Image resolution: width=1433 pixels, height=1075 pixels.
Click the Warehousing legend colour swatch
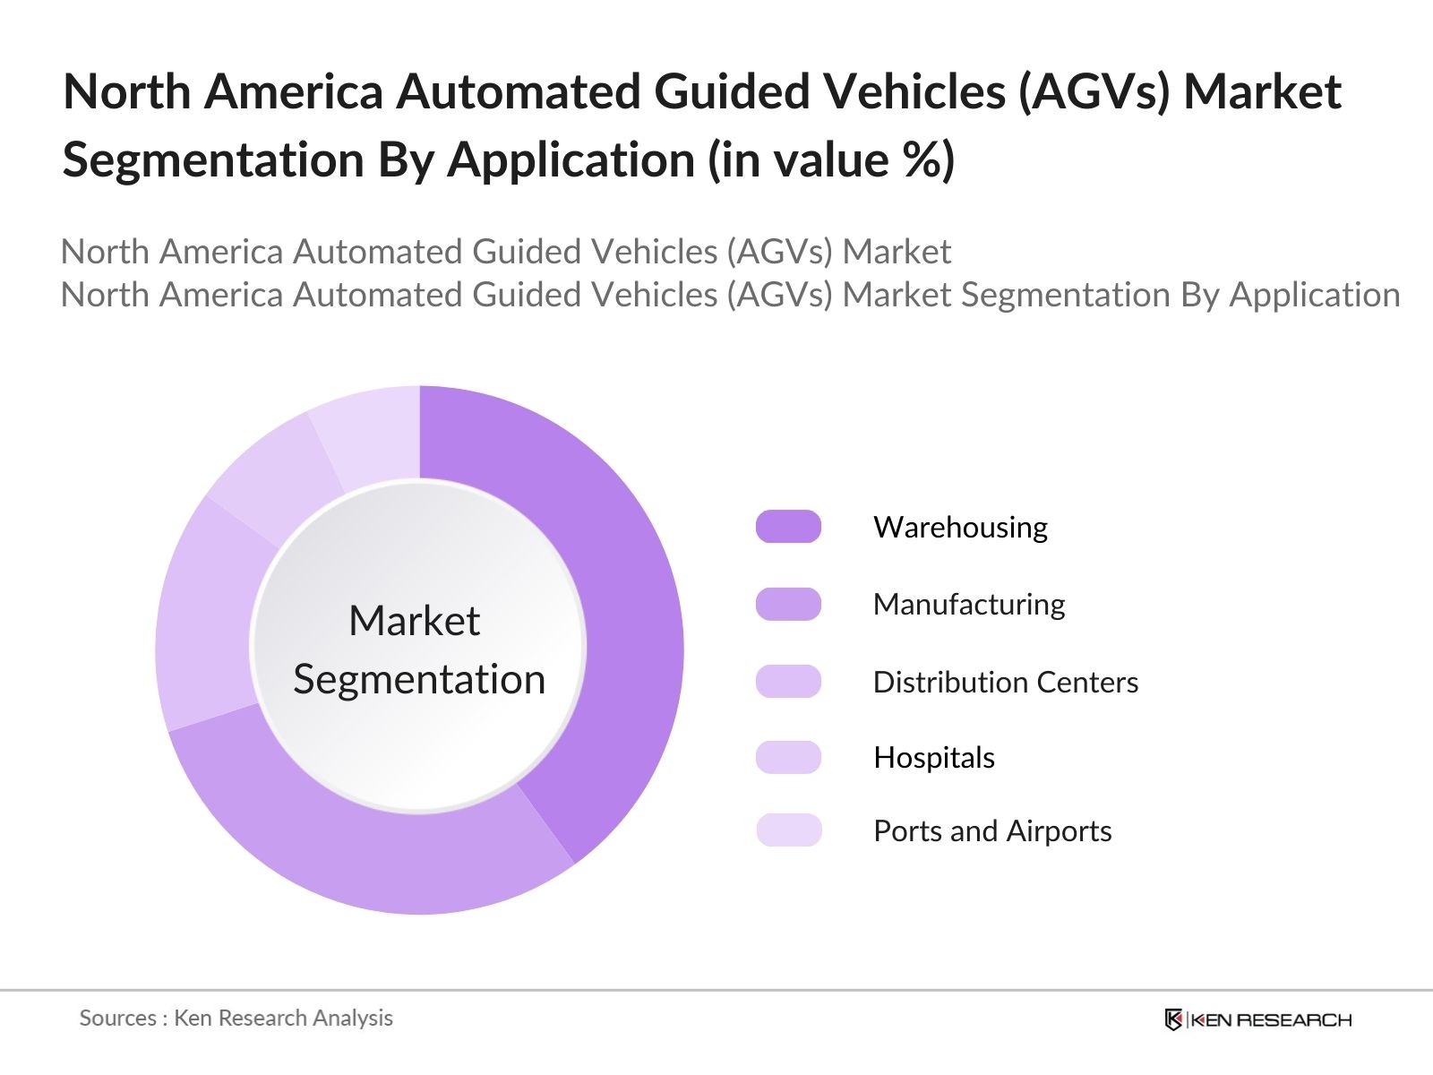pos(788,527)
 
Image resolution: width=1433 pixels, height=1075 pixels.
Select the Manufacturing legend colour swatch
pos(788,605)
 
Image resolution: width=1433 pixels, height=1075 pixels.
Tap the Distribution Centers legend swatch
pos(788,682)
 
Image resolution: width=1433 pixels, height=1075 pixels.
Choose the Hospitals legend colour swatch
pos(788,758)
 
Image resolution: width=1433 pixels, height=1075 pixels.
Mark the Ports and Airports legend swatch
pos(788,830)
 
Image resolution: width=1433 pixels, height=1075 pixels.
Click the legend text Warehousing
pos(960,527)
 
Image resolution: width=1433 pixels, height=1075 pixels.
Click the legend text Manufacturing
pos(969,605)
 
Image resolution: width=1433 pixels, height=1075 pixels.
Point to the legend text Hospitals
pos(934,758)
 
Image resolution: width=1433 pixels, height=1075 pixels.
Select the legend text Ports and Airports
pos(992,831)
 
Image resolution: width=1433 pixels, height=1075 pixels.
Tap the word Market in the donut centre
pos(414,621)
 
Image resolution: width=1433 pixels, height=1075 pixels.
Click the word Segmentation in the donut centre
pos(419,679)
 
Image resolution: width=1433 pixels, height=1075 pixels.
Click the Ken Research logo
pos(1257,1019)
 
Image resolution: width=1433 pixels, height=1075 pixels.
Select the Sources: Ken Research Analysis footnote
pos(236,1018)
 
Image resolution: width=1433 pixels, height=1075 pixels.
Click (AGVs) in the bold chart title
pos(1094,91)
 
